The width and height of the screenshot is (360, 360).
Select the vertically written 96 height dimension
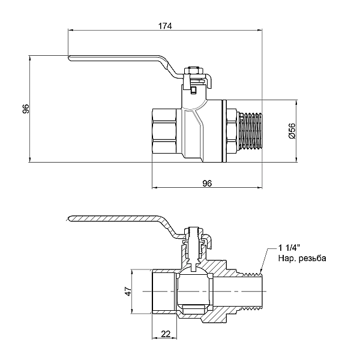tap(25, 109)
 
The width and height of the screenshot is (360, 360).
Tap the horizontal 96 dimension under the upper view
tap(208, 183)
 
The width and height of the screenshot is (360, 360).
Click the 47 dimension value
tap(128, 292)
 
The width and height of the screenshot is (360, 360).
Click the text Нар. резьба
tap(302, 259)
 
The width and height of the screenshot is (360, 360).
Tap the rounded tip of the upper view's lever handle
tap(71, 58)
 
